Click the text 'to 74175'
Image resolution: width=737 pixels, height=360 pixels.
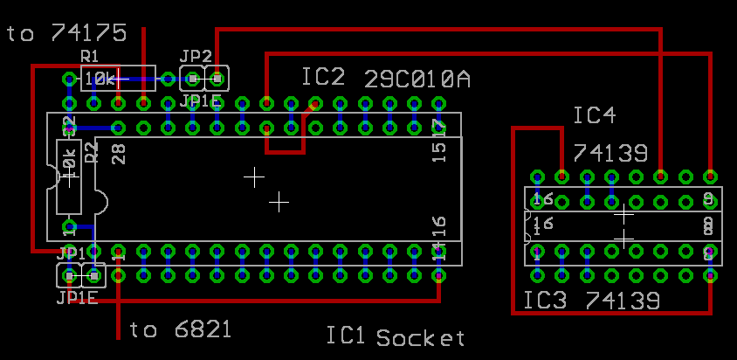(x=67, y=33)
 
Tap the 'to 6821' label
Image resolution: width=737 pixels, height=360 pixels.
(x=181, y=329)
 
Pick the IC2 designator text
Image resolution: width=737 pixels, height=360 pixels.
(x=324, y=78)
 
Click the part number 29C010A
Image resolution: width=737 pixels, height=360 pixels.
(x=417, y=80)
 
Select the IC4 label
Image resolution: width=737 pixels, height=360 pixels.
(x=595, y=116)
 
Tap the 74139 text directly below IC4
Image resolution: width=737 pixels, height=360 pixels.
(x=610, y=154)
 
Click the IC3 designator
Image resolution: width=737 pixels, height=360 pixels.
(x=546, y=301)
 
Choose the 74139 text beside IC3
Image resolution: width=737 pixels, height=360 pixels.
(x=623, y=301)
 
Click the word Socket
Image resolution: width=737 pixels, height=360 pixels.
(x=421, y=337)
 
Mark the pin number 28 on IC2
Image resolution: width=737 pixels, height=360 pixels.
(x=120, y=154)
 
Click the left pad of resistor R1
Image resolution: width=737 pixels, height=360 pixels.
(x=69, y=80)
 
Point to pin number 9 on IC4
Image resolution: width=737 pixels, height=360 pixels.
(x=708, y=199)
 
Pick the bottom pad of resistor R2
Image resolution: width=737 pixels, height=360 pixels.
(x=69, y=227)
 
